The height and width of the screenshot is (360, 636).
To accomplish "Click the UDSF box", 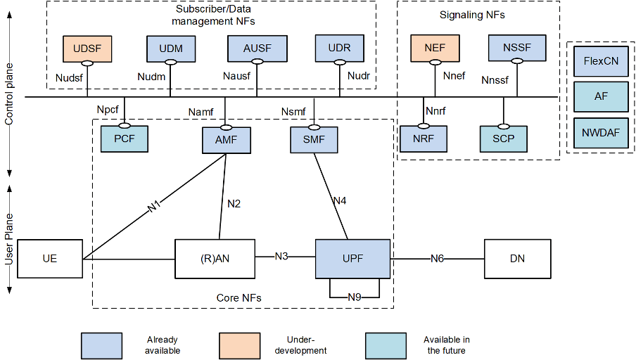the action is point(87,49).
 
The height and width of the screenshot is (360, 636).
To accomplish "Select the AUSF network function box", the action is point(257,49).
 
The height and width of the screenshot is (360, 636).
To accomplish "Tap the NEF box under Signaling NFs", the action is point(435,48).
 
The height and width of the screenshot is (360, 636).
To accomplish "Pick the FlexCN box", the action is point(601,61).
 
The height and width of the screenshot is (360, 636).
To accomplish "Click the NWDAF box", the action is point(601,133).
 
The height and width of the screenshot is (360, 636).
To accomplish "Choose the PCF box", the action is point(124,139).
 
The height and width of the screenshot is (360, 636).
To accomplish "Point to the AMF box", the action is point(227,140).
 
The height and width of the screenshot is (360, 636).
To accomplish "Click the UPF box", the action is point(352,259).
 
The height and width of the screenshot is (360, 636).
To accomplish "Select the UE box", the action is point(50,259).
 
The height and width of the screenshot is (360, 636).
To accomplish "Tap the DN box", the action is point(517,259).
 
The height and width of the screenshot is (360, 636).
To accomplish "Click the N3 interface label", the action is point(281,256).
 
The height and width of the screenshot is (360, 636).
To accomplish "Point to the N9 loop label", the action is point(354,297).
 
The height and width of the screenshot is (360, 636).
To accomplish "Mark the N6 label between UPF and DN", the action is point(437,259).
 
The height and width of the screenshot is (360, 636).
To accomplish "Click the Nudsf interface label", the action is point(69,78).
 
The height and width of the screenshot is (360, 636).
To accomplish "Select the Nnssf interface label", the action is point(495,80).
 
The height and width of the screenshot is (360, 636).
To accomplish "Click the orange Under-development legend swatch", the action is point(239,345).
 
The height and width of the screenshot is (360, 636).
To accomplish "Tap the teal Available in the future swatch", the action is point(386,345).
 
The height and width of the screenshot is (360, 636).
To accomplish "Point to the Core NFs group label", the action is point(239,298).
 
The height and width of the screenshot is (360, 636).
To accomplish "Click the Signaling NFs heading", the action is point(472,15).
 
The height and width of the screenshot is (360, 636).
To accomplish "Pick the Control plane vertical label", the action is point(9,94).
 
